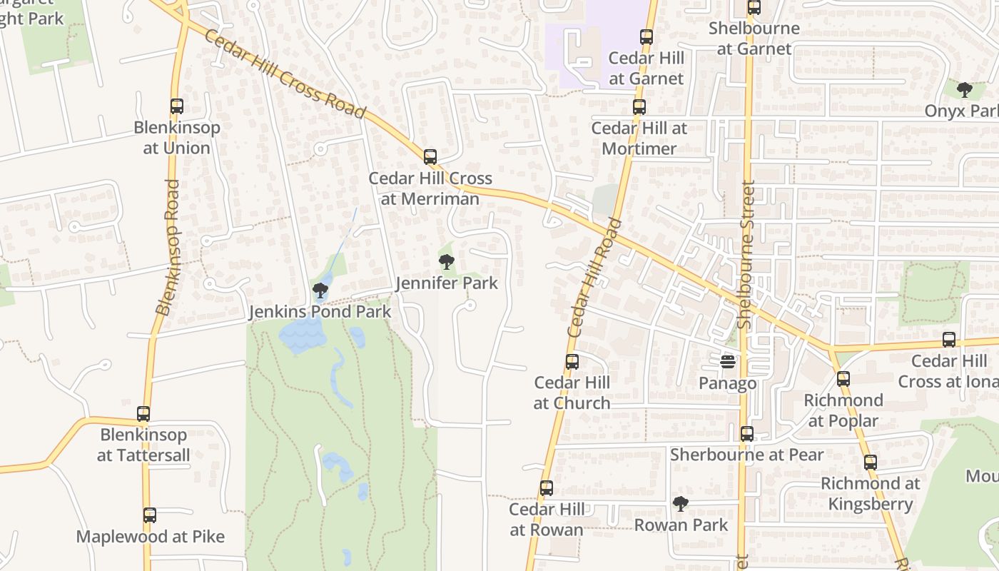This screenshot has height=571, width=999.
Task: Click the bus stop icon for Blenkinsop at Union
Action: (176, 106)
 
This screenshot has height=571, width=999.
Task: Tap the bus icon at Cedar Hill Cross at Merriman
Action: (430, 157)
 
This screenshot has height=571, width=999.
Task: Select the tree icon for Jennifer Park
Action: (447, 262)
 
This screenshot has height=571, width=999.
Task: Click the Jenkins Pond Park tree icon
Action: (320, 290)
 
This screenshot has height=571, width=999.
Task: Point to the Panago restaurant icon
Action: (727, 362)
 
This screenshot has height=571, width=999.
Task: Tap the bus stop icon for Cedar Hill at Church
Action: (572, 362)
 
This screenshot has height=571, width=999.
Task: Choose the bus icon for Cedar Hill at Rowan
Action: (546, 488)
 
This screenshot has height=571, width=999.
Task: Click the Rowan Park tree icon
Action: (681, 504)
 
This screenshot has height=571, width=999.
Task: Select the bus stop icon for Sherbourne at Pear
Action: (746, 433)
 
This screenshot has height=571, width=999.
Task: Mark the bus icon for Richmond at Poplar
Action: (843, 379)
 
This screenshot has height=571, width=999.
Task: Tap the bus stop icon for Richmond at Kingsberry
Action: (870, 462)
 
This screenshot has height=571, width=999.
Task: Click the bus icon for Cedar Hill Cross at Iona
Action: (948, 340)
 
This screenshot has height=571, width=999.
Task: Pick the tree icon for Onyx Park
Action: (964, 90)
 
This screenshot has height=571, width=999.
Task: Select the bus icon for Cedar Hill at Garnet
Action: (646, 37)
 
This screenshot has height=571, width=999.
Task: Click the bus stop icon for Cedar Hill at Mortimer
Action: (639, 107)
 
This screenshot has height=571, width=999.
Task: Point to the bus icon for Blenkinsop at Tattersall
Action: (143, 414)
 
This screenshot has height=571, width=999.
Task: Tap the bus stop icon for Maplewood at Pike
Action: (149, 515)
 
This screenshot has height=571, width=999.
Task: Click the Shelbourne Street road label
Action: (746, 255)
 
